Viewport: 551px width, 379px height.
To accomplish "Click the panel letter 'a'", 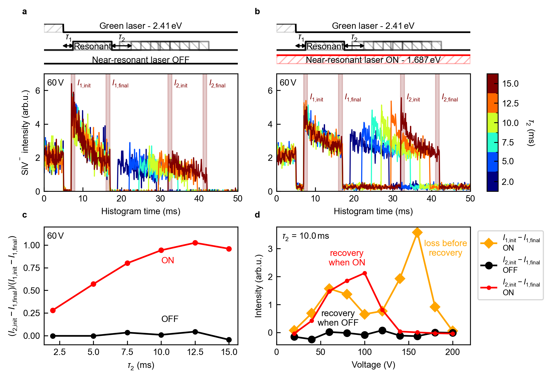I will [x=25, y=12].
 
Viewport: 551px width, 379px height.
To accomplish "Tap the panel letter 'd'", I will [x=257, y=215].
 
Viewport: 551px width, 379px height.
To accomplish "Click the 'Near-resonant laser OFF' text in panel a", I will [x=141, y=60].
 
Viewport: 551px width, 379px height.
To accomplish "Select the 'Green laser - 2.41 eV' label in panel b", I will [x=373, y=26].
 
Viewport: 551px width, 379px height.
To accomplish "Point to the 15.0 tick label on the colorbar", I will [x=510, y=84].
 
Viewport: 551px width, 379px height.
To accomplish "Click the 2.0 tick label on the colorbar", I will [x=507, y=182].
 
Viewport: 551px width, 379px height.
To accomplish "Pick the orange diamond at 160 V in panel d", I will [x=417, y=232].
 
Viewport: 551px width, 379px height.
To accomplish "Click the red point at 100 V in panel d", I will [x=365, y=273].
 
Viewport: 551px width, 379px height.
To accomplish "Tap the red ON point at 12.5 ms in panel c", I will [x=195, y=243].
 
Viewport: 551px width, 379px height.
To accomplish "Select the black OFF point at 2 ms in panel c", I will [x=53, y=336].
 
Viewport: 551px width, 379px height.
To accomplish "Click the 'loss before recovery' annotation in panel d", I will [x=446, y=248].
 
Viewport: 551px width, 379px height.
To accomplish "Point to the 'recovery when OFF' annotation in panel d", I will [x=338, y=318].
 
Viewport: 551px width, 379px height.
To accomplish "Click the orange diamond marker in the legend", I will [x=489, y=243].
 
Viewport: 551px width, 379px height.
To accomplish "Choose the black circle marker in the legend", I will [x=489, y=265].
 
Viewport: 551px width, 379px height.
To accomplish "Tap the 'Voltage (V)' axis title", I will [x=373, y=365].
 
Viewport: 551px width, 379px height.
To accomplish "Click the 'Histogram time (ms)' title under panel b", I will [x=373, y=211].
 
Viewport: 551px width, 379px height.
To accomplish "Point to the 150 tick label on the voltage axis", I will [x=409, y=352].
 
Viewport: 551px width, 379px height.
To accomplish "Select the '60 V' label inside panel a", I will [x=55, y=83].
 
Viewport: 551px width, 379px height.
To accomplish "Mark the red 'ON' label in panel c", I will [x=168, y=260].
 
